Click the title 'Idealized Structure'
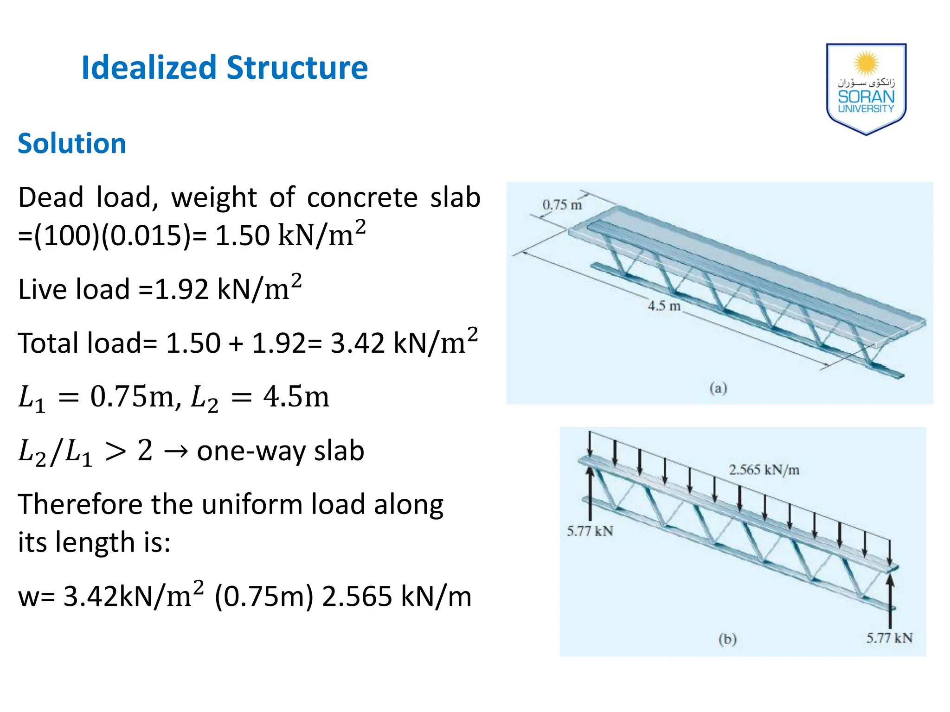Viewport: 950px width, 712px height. (225, 68)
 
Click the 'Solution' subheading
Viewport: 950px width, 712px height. (72, 143)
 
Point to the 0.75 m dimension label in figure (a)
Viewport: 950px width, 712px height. (562, 204)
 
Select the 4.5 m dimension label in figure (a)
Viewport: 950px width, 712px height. (664, 306)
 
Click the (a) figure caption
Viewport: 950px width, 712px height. (718, 388)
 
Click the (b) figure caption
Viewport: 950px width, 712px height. (727, 639)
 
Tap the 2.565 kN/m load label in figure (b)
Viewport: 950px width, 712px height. (764, 470)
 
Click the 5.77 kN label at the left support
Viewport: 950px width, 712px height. (590, 531)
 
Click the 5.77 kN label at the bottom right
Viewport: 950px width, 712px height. (889, 638)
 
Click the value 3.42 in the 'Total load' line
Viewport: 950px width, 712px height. (357, 343)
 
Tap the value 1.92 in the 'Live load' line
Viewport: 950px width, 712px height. (181, 290)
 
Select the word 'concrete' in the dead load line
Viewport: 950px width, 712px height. (362, 197)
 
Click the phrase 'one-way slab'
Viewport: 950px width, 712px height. (281, 451)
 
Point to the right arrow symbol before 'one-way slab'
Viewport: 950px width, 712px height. (176, 451)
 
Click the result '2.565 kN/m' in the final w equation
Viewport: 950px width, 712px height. (397, 597)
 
